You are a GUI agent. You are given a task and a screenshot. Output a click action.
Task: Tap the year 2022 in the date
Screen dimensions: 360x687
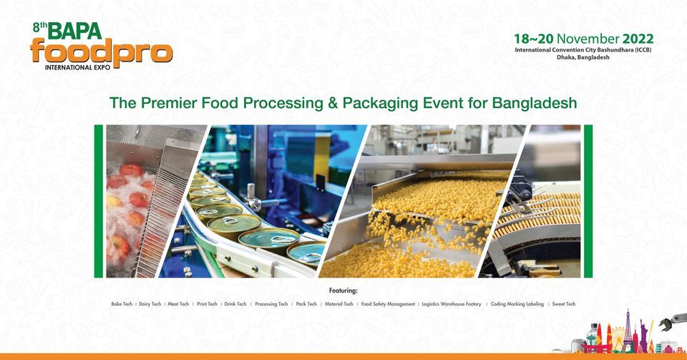(x=637, y=38)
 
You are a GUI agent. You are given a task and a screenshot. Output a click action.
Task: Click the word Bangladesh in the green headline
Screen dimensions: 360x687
(x=535, y=102)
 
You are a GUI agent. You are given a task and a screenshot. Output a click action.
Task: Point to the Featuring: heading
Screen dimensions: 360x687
(x=343, y=291)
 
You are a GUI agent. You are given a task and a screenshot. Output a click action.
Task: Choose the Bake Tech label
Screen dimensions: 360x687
(x=122, y=304)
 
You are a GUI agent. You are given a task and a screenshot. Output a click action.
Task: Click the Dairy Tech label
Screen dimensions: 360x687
(x=150, y=304)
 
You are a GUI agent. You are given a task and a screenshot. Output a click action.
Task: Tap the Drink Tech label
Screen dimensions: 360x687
(x=235, y=304)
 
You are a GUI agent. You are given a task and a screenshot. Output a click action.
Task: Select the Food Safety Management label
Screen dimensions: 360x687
(x=388, y=304)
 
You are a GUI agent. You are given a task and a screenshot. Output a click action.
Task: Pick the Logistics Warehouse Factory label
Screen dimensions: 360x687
(x=452, y=304)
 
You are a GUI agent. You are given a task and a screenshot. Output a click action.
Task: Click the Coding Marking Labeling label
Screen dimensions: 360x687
(x=517, y=304)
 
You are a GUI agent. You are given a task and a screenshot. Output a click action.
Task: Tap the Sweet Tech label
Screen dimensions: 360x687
(x=563, y=304)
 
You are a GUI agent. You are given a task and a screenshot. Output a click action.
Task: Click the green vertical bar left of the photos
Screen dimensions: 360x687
(x=99, y=201)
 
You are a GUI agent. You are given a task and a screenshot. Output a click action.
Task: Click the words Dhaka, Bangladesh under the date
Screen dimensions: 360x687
(x=583, y=57)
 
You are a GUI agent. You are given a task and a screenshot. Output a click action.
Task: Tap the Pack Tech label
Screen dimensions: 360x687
(x=306, y=304)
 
